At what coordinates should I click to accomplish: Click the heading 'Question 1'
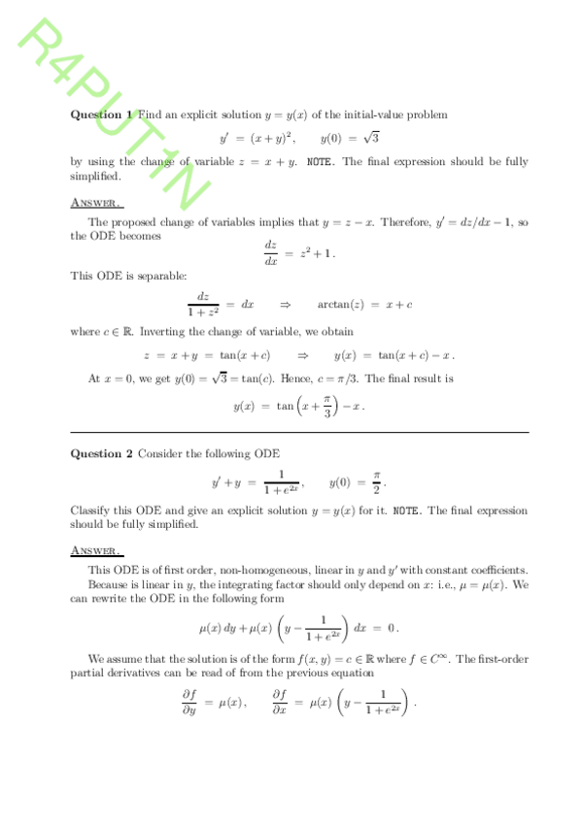[100, 115]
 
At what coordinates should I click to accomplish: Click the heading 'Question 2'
[102, 453]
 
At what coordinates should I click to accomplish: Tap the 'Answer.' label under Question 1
[95, 203]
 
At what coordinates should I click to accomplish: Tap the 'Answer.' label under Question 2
[95, 550]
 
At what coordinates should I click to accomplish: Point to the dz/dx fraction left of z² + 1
[271, 253]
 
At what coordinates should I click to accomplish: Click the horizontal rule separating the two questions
[299, 432]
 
